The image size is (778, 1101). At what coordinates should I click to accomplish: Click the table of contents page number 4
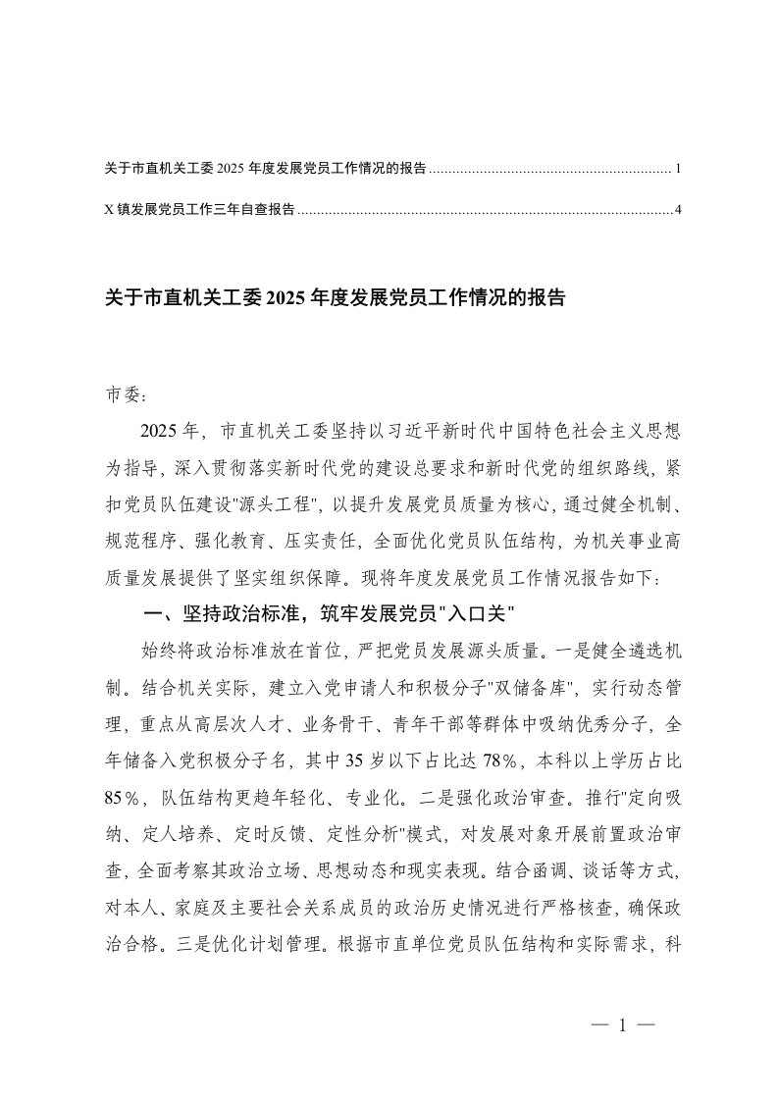tap(678, 209)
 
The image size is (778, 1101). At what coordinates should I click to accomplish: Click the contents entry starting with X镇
tap(199, 209)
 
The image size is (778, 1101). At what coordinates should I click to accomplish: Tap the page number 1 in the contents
tap(678, 169)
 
